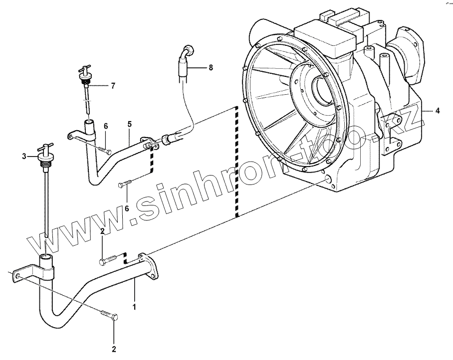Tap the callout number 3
[23, 157]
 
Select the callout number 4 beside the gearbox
[438, 111]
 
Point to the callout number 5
[129, 123]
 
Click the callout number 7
[113, 86]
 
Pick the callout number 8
[211, 67]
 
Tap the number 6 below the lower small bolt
[127, 208]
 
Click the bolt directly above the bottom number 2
[110, 315]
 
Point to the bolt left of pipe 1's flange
[108, 259]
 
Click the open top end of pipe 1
[46, 257]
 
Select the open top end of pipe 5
[90, 123]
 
